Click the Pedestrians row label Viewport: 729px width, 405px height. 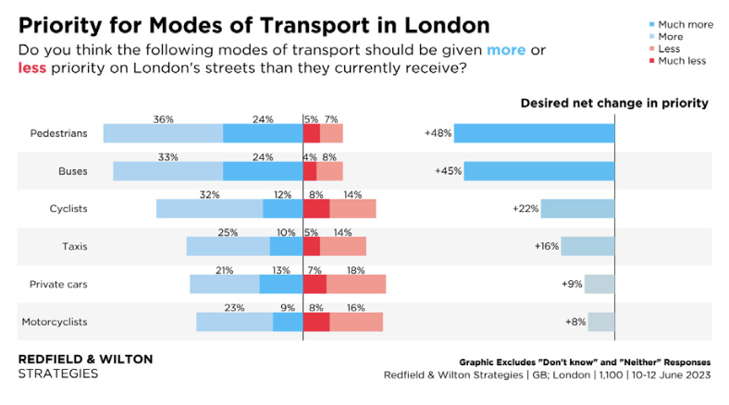58,133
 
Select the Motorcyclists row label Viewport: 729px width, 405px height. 54,322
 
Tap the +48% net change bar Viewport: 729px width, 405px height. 534,133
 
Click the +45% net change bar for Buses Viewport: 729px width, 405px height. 538,171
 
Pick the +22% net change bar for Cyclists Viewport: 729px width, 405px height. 577,209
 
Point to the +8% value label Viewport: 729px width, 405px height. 575,322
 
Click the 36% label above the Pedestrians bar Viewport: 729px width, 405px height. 164,119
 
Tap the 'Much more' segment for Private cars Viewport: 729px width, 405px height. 281,284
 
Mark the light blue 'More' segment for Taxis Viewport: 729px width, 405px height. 228,246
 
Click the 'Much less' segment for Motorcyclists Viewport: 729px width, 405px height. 316,322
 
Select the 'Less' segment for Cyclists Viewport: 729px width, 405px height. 352,209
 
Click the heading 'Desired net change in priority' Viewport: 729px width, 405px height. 614,104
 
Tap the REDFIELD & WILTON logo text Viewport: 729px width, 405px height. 86,359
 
